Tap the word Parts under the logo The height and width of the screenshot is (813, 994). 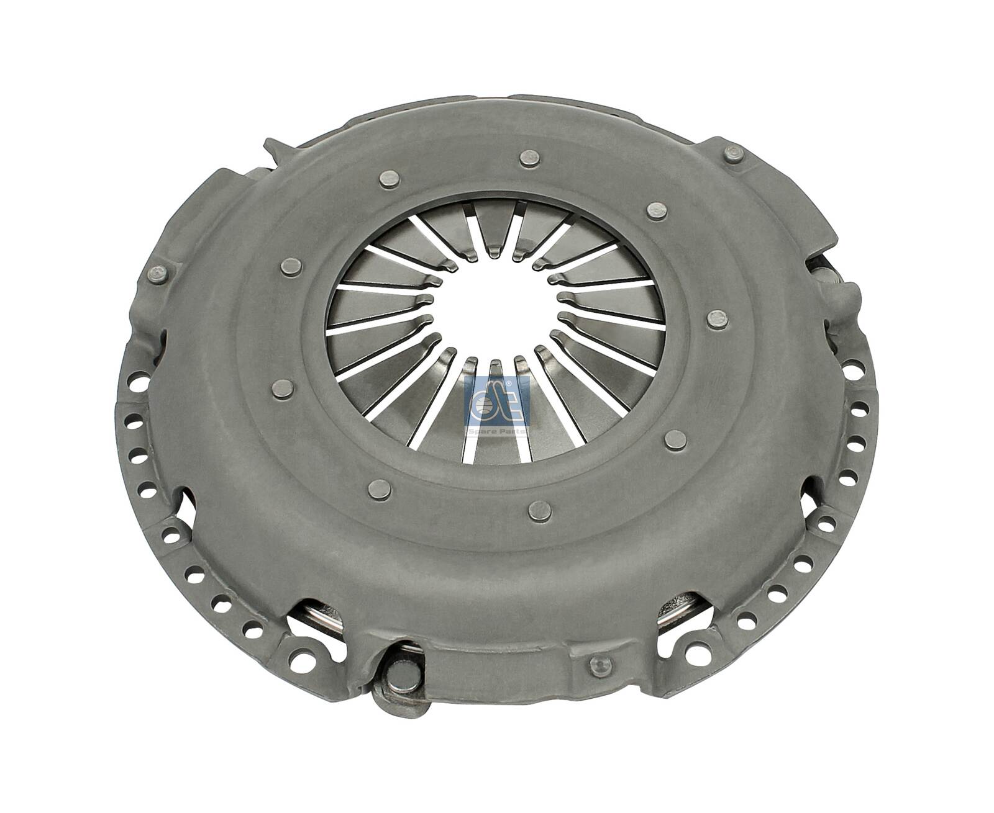(512, 429)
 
